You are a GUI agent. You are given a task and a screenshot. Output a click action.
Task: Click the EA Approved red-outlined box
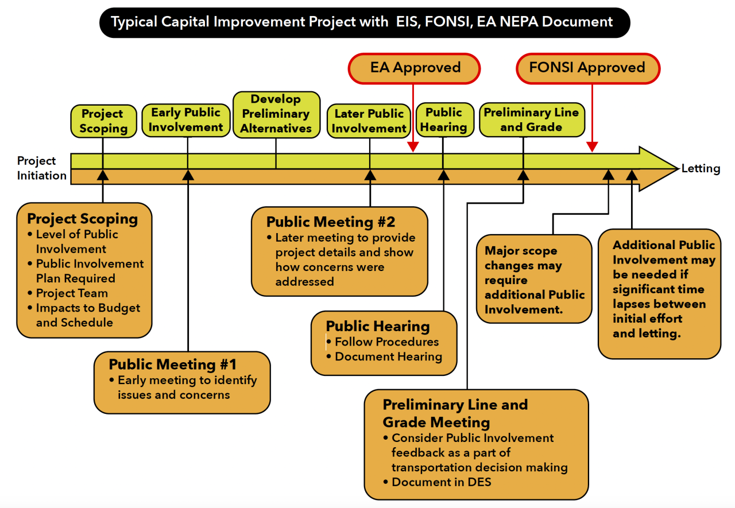click(x=414, y=68)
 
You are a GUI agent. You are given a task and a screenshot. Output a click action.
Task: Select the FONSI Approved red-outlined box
click(x=587, y=68)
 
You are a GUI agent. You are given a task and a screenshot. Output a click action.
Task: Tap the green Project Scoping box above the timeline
click(x=103, y=121)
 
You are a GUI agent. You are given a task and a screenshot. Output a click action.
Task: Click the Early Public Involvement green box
click(x=187, y=120)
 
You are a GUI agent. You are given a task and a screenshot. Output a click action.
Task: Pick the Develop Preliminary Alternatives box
click(x=276, y=114)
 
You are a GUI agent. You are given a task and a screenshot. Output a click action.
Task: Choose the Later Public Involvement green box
click(x=369, y=121)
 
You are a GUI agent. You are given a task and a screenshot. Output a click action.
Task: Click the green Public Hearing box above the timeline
click(x=444, y=120)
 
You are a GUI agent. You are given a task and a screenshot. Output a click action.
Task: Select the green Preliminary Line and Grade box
click(x=531, y=120)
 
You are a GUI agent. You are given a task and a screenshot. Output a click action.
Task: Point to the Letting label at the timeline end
click(x=701, y=169)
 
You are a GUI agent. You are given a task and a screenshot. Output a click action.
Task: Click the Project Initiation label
click(x=42, y=168)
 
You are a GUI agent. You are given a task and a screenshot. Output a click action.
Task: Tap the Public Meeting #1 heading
click(x=172, y=364)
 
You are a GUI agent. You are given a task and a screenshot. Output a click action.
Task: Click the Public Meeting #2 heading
click(x=331, y=222)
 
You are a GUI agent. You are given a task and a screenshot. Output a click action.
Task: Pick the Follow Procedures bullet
click(x=386, y=342)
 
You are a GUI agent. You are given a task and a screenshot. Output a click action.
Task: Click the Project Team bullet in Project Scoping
click(x=72, y=293)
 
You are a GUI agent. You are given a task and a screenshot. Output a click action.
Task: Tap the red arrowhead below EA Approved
click(x=413, y=147)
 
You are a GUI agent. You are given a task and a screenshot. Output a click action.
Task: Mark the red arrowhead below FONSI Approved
click(x=592, y=147)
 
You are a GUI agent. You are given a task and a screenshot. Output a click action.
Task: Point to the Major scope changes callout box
click(x=534, y=280)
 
